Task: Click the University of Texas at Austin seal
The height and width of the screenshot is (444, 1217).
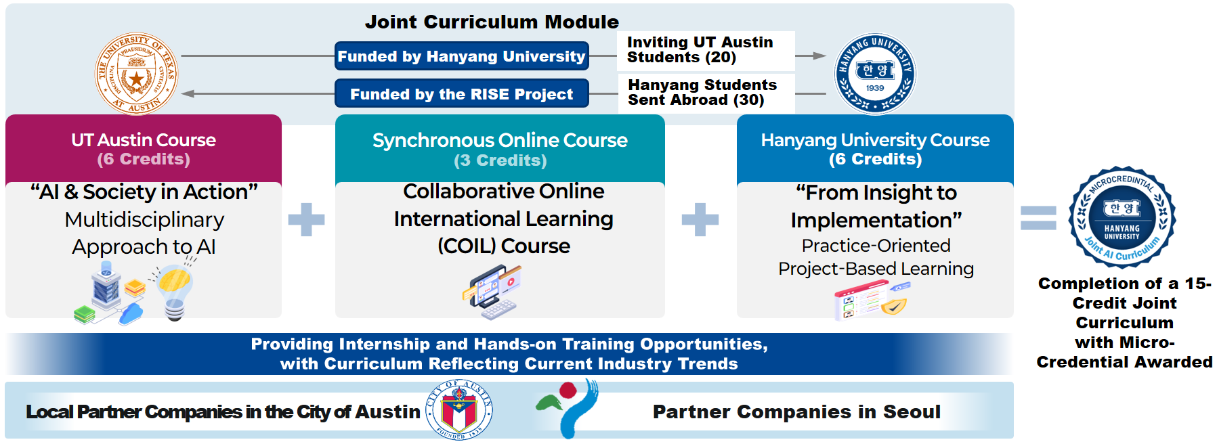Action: pyautogui.click(x=136, y=74)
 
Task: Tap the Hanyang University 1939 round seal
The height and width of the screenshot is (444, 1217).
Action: pyautogui.click(x=874, y=74)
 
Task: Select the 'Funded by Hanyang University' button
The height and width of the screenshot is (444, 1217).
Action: pyautogui.click(x=462, y=56)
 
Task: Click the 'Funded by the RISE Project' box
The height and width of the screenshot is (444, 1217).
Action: pyautogui.click(x=462, y=94)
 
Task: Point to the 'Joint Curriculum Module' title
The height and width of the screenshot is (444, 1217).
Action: pyautogui.click(x=492, y=22)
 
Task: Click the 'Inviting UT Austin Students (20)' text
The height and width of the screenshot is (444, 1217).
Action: pyautogui.click(x=700, y=50)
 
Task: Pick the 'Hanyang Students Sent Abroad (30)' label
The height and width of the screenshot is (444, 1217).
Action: pyautogui.click(x=702, y=93)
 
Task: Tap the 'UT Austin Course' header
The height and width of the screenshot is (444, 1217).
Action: pyautogui.click(x=144, y=140)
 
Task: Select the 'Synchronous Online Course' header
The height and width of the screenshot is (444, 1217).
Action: pyautogui.click(x=500, y=140)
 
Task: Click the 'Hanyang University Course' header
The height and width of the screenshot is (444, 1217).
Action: pyautogui.click(x=875, y=140)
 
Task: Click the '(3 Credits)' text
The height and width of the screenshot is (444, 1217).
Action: pyautogui.click(x=500, y=160)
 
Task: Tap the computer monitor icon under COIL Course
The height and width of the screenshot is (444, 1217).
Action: pyautogui.click(x=492, y=291)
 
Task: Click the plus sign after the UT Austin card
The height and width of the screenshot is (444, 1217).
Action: pyautogui.click(x=306, y=220)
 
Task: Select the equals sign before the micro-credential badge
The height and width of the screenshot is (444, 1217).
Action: pyautogui.click(x=1038, y=218)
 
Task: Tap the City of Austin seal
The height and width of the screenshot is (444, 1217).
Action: pyautogui.click(x=459, y=409)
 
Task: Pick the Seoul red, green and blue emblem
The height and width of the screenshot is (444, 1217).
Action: pyautogui.click(x=568, y=408)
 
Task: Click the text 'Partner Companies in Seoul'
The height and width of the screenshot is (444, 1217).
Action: pyautogui.click(x=796, y=412)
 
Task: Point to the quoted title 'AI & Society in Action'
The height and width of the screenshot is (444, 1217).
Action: pyautogui.click(x=144, y=192)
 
